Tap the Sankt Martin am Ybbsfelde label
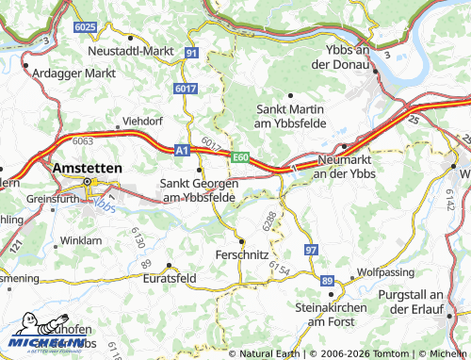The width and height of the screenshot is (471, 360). coord(294,116)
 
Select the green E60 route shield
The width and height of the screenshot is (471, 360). coord(241,156)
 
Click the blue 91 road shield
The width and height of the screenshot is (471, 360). coord(191,53)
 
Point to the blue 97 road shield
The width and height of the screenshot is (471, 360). coord(311,249)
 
